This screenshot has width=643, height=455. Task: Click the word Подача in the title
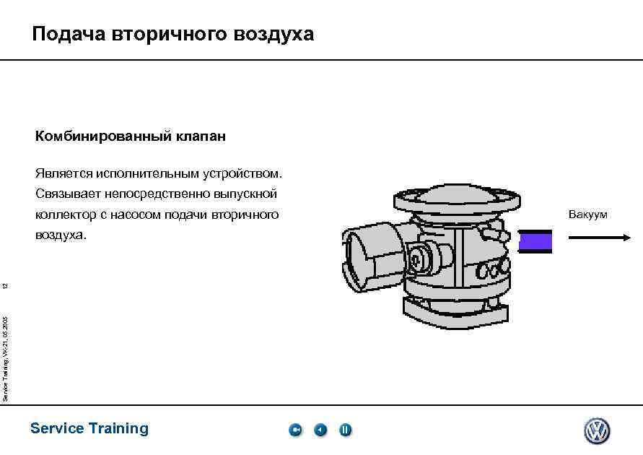coord(69,34)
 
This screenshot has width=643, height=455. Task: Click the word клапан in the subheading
coord(201,136)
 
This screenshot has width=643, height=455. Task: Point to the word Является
coord(64,173)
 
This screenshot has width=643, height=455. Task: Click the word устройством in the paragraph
coord(242,174)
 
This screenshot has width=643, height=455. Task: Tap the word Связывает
coord(68,194)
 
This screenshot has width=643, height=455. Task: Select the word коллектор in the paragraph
coord(66,215)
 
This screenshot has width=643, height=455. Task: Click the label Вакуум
coord(587,214)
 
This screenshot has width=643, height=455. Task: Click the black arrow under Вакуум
coord(600,238)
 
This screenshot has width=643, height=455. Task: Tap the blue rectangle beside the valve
coord(535,241)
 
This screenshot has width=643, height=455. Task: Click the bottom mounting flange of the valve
coord(455,313)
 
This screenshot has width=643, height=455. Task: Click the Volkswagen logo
coord(597,430)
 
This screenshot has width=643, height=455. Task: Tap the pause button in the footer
coord(345,430)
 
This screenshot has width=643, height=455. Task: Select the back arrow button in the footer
coord(320,430)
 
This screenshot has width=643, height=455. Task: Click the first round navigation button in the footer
coord(295,430)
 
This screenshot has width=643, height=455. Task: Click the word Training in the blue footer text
coord(118,429)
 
